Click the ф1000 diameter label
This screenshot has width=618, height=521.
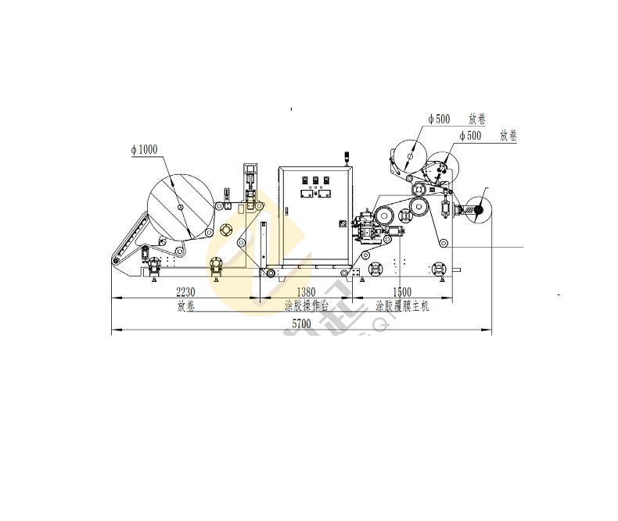(144, 150)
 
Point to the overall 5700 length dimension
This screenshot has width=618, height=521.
(301, 323)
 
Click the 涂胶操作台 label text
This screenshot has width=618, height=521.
(306, 306)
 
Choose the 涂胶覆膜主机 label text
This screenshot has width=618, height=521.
(402, 306)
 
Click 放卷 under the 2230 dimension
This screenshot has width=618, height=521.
(185, 306)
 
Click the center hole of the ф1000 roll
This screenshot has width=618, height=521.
(180, 207)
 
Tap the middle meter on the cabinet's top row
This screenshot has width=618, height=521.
(315, 180)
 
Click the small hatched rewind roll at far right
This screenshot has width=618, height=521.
(476, 209)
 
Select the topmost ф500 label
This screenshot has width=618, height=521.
(439, 120)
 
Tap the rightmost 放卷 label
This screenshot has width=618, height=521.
(508, 137)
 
